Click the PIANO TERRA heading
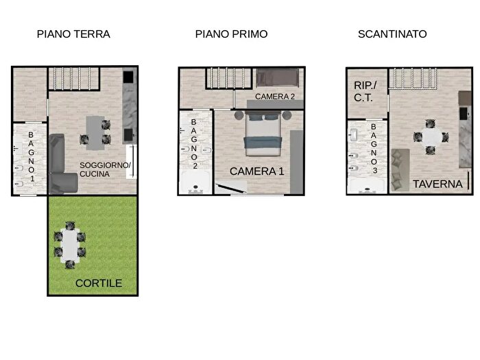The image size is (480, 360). click(x=73, y=34)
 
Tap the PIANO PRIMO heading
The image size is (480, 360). click(x=231, y=34)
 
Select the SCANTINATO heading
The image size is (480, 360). click(x=392, y=34)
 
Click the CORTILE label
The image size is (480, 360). click(x=99, y=283)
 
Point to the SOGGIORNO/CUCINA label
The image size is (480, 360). click(x=105, y=169)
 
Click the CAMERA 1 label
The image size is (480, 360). click(x=256, y=171)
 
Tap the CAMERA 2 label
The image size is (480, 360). click(x=274, y=97)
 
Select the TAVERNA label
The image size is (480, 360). click(x=437, y=184)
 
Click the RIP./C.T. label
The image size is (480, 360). click(x=364, y=91)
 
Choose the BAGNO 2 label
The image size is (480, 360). click(x=194, y=143)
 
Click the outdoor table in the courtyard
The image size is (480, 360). click(x=71, y=245)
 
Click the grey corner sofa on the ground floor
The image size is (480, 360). click(x=61, y=165)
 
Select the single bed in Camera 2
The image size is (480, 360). click(x=278, y=77)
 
